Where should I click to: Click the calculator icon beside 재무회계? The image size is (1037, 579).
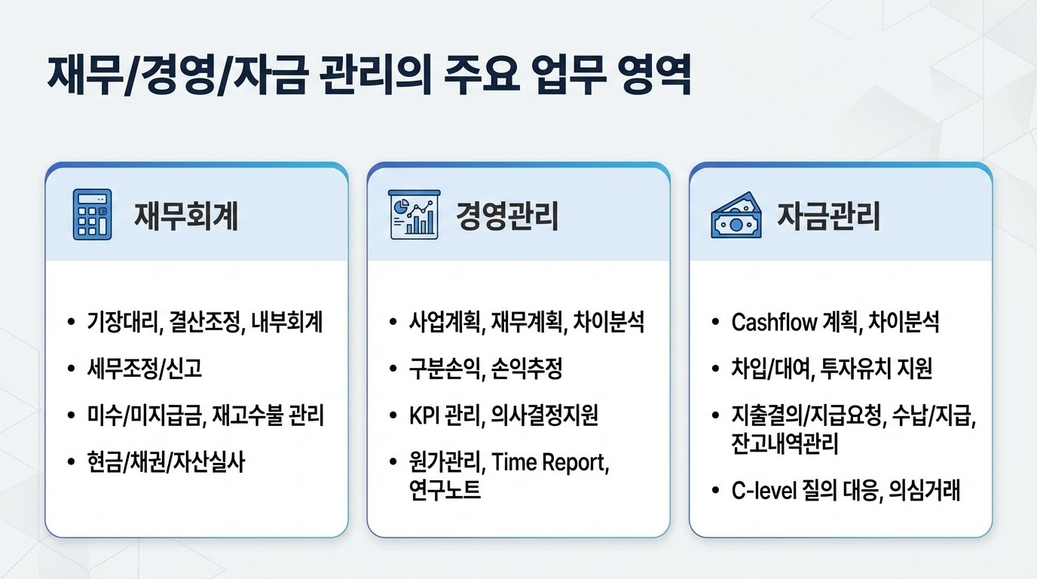tap(92, 215)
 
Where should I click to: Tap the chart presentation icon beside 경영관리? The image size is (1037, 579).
tap(414, 215)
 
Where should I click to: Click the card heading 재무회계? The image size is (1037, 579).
tap(186, 216)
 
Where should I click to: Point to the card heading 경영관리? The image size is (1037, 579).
tap(507, 216)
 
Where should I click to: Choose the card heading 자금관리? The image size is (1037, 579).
tap(829, 216)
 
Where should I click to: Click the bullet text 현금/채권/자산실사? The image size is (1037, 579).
tap(167, 461)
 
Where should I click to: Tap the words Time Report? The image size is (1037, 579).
tap(549, 461)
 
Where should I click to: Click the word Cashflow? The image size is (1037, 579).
tap(774, 323)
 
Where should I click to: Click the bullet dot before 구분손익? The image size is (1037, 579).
tap(393, 369)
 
